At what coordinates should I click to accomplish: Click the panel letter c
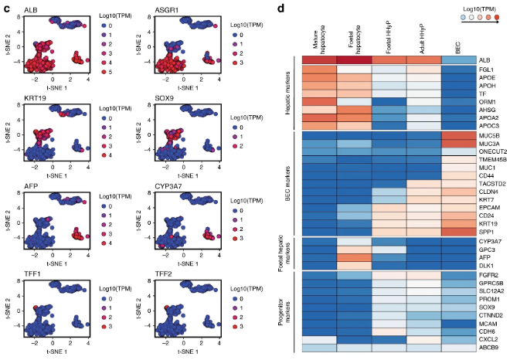click(8, 8)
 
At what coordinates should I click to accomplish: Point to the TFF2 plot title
click(165, 273)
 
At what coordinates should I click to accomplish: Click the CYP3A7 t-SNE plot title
click(170, 185)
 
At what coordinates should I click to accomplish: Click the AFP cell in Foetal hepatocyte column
click(352, 258)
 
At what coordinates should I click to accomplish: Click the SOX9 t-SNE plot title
click(166, 99)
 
